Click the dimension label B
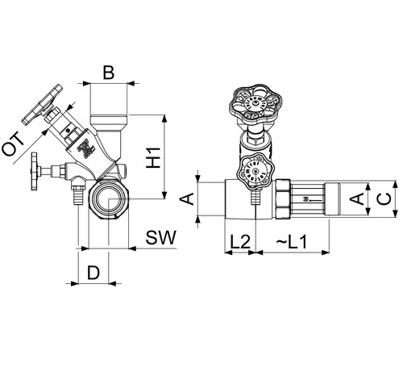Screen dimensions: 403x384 (109, 73)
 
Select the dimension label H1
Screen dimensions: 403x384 (153, 157)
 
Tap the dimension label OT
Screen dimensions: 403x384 (13, 145)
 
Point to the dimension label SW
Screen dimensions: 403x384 (161, 237)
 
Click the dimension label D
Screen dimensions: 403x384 (93, 273)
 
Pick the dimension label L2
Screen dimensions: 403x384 (240, 241)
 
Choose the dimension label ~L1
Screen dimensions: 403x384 (292, 241)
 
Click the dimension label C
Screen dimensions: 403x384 (385, 199)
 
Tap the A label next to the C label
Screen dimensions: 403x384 (357, 199)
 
